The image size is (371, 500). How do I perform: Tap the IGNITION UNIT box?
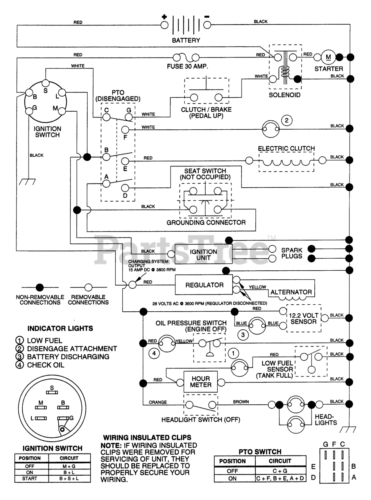click(x=203, y=255)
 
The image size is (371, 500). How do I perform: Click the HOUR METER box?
click(x=201, y=382)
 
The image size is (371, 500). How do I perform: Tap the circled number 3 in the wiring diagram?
click(x=242, y=335)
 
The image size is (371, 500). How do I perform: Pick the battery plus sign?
click(x=165, y=17)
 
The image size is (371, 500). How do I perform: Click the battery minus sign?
click(x=207, y=16)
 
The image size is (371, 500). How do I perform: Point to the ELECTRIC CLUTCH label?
click(x=286, y=148)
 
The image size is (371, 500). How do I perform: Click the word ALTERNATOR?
click(x=291, y=292)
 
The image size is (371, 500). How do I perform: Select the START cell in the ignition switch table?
click(x=32, y=478)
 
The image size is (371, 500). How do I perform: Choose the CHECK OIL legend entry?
click(x=45, y=365)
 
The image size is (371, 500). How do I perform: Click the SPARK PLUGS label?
click(x=292, y=253)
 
